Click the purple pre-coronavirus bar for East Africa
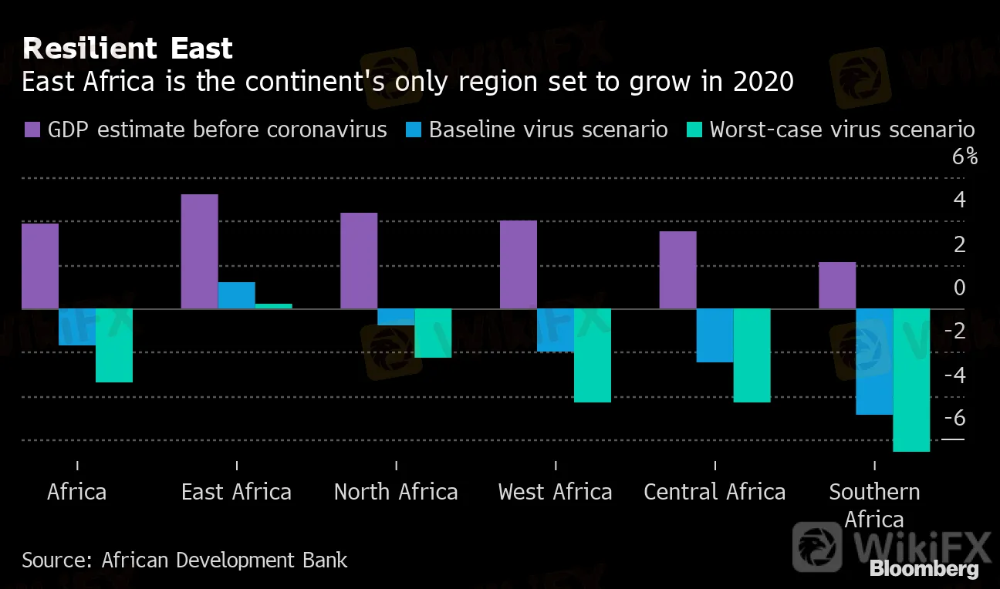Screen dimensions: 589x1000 click(x=199, y=251)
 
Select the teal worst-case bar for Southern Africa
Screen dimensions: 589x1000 click(x=911, y=379)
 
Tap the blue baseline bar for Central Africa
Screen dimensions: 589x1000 click(x=715, y=335)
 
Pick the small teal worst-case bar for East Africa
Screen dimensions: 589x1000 click(x=273, y=306)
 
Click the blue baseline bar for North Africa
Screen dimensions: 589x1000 click(x=396, y=317)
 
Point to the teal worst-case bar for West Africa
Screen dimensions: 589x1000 click(x=593, y=355)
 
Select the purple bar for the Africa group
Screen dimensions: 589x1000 click(x=40, y=266)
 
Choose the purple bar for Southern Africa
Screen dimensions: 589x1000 click(x=837, y=285)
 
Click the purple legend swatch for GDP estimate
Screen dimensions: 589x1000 click(x=32, y=130)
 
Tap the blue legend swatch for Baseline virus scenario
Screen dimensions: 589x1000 click(x=413, y=130)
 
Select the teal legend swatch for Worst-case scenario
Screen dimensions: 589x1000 click(x=694, y=130)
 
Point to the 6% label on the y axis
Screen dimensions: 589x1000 click(x=965, y=157)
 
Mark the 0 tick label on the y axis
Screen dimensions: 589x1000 click(x=959, y=288)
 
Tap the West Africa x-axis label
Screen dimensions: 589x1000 click(x=555, y=492)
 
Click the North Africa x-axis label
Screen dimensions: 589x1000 click(x=396, y=492)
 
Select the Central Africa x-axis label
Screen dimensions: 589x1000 click(x=715, y=492)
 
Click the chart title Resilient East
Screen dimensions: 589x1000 click(x=127, y=49)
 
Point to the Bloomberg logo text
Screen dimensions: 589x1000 click(x=924, y=570)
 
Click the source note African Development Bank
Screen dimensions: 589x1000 click(x=184, y=559)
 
